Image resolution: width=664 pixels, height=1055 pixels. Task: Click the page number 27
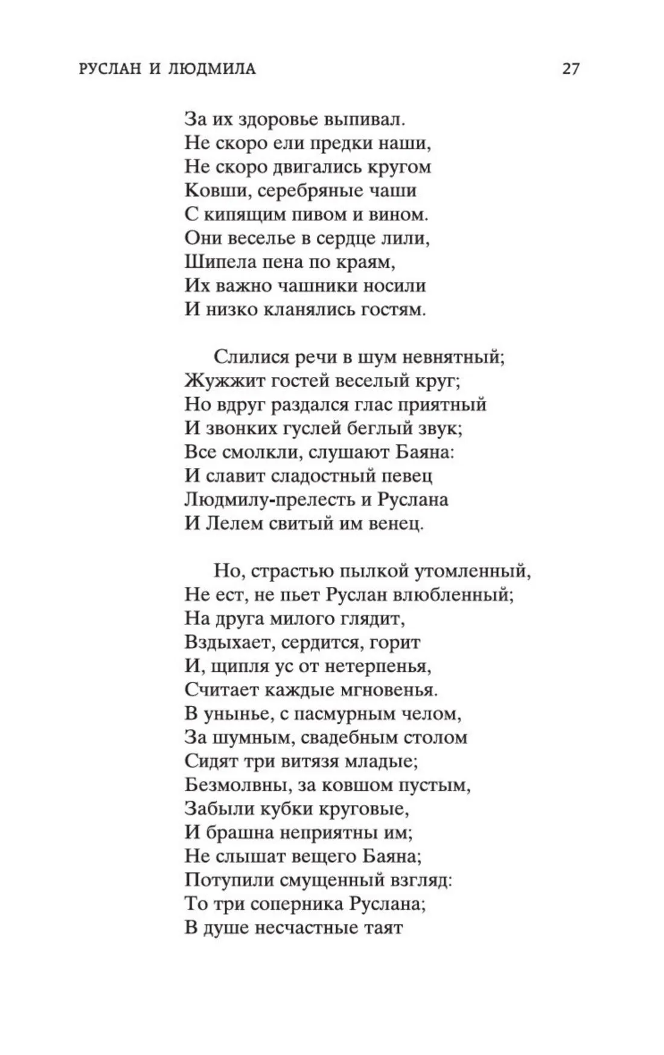point(570,69)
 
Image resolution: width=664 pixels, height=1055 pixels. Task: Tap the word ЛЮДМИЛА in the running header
point(215,69)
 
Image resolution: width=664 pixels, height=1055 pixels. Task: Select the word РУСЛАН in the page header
point(107,69)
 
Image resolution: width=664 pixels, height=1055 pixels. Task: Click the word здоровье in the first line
point(275,120)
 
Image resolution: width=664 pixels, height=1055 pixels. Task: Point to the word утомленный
point(465,571)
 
